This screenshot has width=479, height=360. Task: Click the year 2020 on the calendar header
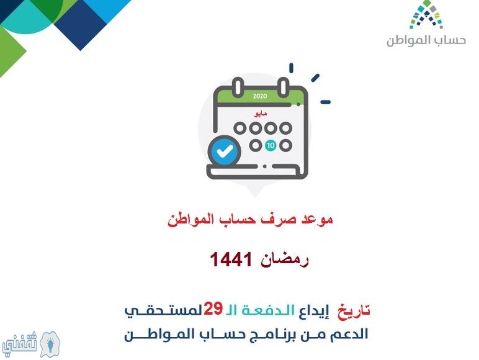coord(260,96)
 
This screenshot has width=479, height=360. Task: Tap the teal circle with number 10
coord(271,145)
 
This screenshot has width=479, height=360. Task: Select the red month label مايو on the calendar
coord(260,114)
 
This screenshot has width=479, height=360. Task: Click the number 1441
coord(231,259)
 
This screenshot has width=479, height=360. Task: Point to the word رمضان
coord(284,260)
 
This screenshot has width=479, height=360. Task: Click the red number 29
coord(213,308)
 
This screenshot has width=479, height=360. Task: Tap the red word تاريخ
coord(354,311)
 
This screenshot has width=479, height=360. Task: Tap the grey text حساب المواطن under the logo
coord(426,40)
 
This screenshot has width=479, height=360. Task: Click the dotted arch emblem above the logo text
coord(426,15)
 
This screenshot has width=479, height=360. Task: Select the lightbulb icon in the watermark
coord(50,344)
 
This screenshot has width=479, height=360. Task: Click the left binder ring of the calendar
coord(238,86)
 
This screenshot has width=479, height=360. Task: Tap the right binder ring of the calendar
coord(283,86)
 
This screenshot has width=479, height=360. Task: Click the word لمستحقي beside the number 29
coord(163,311)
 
